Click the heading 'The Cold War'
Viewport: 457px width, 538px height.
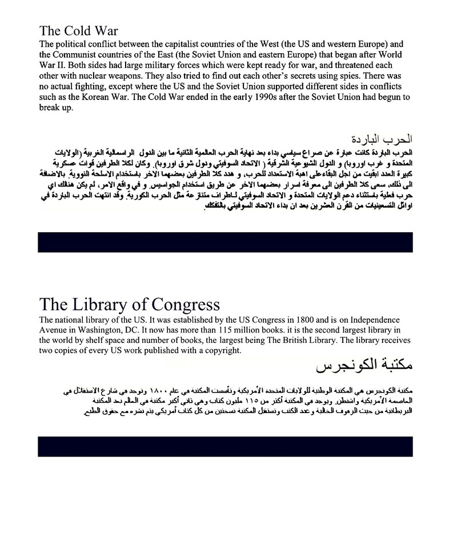[x=78, y=31]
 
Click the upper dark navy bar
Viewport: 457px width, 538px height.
[x=225, y=242]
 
